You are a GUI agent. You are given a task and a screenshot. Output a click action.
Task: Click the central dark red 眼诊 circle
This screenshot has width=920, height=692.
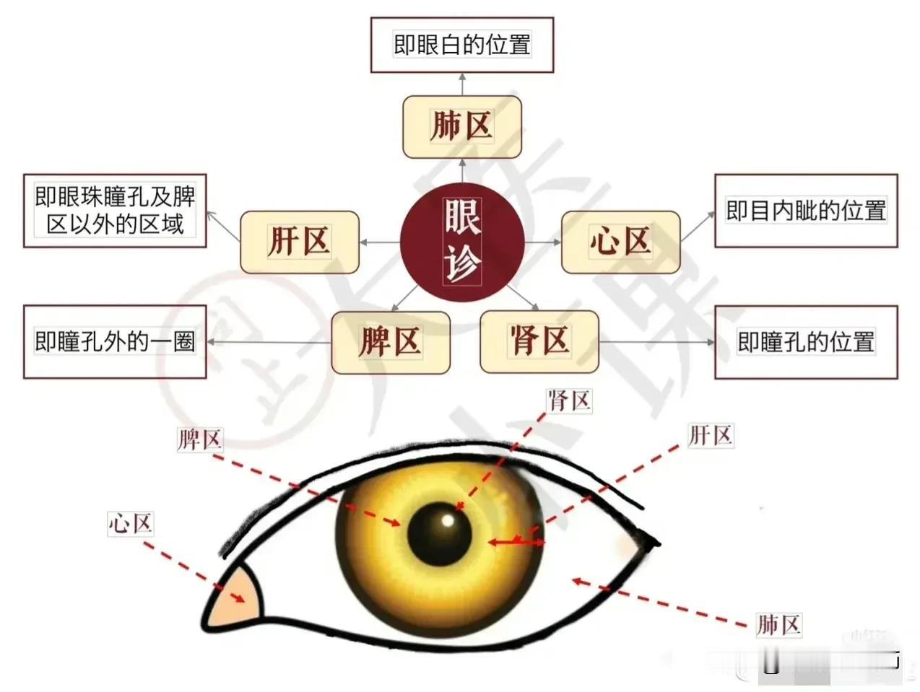462,242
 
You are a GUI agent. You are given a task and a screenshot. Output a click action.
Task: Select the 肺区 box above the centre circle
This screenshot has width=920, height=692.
461,126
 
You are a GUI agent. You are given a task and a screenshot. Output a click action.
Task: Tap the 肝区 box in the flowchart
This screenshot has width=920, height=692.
300,242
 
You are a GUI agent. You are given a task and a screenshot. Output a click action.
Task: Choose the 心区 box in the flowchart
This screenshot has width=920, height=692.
620,242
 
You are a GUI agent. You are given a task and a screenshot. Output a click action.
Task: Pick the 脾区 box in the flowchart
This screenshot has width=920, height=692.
390,342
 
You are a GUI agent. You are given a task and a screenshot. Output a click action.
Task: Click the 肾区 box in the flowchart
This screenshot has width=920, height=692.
539,341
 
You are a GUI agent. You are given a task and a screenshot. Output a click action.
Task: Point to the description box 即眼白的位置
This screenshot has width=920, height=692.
462,45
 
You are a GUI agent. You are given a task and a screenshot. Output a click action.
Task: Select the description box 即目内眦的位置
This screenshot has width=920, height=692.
806,211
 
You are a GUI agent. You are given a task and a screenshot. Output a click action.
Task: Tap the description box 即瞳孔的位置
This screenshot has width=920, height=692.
806,341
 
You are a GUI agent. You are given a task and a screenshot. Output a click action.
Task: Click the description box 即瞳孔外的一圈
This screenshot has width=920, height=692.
115,341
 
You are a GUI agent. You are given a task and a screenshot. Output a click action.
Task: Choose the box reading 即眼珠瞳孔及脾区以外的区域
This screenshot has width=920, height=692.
115,211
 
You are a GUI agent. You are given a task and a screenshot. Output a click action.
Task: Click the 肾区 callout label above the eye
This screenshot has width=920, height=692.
569,400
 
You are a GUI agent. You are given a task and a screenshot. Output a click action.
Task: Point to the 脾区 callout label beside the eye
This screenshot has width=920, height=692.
199,439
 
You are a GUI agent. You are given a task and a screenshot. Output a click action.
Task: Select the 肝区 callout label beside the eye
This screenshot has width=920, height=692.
711,435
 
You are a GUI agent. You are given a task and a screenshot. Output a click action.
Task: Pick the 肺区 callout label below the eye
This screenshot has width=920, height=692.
778,624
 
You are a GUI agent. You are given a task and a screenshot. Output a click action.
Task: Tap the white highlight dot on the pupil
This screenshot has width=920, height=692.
448,520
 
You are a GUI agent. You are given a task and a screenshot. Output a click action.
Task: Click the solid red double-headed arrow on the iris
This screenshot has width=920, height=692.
516,540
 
